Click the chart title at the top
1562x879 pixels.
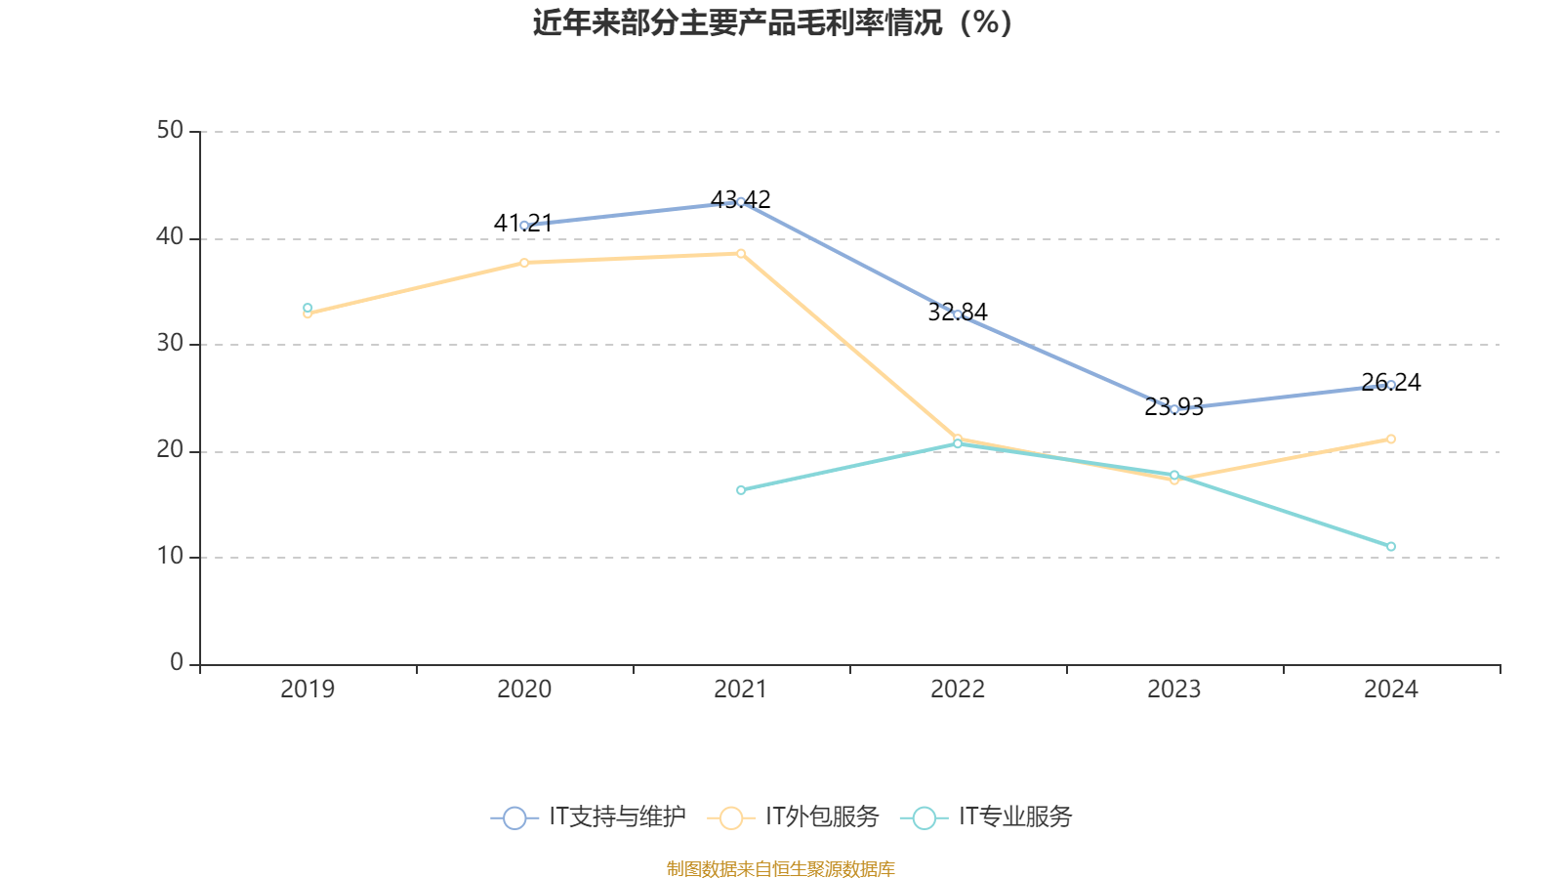(x=772, y=23)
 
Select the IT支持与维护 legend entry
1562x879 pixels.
(x=589, y=817)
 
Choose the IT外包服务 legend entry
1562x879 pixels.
(x=794, y=817)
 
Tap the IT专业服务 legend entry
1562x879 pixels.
(x=987, y=817)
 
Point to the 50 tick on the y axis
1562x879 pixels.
(x=170, y=131)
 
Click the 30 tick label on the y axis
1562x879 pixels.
(x=170, y=344)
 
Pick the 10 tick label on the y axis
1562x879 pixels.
(x=170, y=557)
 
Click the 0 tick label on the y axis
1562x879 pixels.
(x=177, y=663)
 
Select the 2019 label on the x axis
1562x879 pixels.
(x=308, y=690)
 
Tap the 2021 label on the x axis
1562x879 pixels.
(x=741, y=690)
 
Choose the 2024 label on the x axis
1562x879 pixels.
(x=1391, y=690)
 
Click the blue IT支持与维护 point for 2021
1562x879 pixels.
(x=741, y=202)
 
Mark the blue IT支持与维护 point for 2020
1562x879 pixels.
(x=524, y=226)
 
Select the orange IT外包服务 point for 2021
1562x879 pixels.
(x=741, y=254)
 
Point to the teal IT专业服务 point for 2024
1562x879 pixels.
(x=1391, y=547)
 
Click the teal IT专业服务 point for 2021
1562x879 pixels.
(x=741, y=490)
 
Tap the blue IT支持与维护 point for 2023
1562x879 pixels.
(x=1174, y=409)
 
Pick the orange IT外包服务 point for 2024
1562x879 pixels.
(x=1391, y=439)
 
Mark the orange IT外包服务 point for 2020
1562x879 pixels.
(x=524, y=263)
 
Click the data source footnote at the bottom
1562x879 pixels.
(x=781, y=868)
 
